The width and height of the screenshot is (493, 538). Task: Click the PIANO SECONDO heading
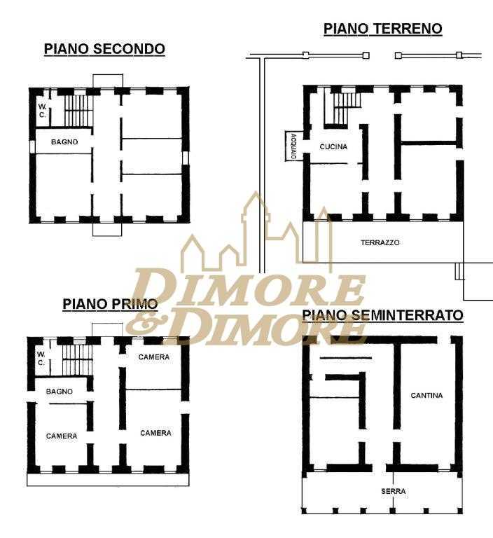pyautogui.click(x=104, y=49)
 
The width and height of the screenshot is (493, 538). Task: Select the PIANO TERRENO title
pyautogui.click(x=383, y=29)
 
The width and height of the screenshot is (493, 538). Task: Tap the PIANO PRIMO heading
pyautogui.click(x=110, y=304)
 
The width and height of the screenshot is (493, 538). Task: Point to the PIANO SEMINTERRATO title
pyautogui.click(x=382, y=315)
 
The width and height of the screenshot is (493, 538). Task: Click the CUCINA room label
pyautogui.click(x=333, y=147)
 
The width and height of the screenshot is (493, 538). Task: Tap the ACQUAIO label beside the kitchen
pyautogui.click(x=293, y=146)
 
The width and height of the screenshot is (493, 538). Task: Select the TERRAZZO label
pyautogui.click(x=380, y=242)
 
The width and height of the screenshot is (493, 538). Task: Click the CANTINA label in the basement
pyautogui.click(x=426, y=395)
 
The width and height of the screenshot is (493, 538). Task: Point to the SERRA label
pyautogui.click(x=394, y=491)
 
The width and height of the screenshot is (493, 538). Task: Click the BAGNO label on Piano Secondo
pyautogui.click(x=64, y=142)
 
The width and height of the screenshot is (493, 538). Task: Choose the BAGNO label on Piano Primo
pyautogui.click(x=60, y=391)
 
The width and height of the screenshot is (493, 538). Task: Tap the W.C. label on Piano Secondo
pyautogui.click(x=42, y=111)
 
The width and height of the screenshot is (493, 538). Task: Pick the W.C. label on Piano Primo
pyautogui.click(x=41, y=358)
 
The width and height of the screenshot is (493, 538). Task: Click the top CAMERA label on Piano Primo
pyautogui.click(x=154, y=357)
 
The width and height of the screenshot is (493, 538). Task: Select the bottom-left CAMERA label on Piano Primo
pyautogui.click(x=62, y=436)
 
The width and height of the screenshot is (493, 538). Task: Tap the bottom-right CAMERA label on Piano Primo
pyautogui.click(x=155, y=433)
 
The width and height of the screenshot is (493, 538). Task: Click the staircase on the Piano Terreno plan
pyautogui.click(x=343, y=107)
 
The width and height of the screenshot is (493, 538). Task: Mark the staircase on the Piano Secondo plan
pyautogui.click(x=78, y=111)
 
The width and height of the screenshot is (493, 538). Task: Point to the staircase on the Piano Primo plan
pyautogui.click(x=78, y=359)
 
